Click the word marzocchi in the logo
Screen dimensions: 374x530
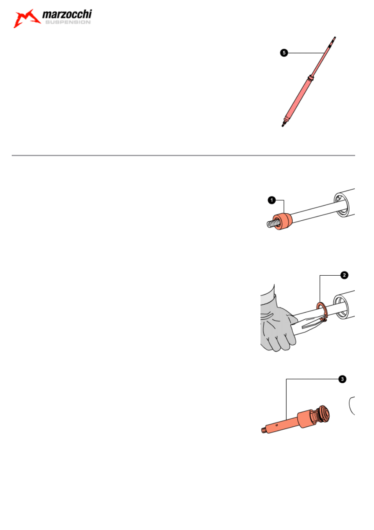(67, 14)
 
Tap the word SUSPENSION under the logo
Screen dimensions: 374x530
(68, 22)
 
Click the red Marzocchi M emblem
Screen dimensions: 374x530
(26, 18)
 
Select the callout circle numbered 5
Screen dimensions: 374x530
(284, 53)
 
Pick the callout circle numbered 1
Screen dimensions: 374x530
(272, 200)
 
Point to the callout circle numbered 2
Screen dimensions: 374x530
(344, 275)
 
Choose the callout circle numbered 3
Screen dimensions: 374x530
(342, 379)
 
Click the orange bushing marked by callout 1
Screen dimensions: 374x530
(282, 222)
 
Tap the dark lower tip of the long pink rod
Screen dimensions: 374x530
(283, 125)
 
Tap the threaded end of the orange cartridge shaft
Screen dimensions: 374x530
(263, 429)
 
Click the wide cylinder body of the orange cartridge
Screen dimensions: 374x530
(304, 419)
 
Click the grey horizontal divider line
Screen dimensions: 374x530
(183, 155)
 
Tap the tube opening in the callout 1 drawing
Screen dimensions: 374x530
(341, 205)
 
